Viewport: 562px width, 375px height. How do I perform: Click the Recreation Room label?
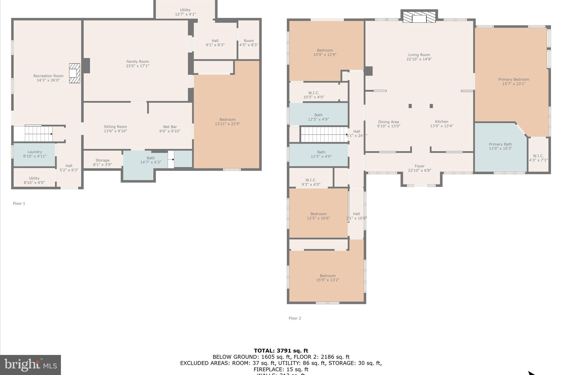click(x=48, y=76)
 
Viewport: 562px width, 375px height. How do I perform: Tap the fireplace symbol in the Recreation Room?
click(x=74, y=73)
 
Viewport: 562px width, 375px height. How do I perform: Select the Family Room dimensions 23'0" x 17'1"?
click(x=137, y=66)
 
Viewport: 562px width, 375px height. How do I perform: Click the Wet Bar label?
click(x=170, y=127)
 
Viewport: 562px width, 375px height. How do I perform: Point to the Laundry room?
click(x=34, y=154)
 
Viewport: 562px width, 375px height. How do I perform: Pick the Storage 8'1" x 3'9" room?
click(x=102, y=162)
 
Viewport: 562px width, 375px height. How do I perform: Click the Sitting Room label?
click(x=115, y=127)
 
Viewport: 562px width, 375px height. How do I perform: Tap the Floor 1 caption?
click(x=19, y=204)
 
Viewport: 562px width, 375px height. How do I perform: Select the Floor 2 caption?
click(x=295, y=318)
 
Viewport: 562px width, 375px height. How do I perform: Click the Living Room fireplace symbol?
click(x=419, y=17)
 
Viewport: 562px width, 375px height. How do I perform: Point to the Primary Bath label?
click(x=500, y=144)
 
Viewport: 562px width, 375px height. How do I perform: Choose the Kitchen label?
click(x=441, y=122)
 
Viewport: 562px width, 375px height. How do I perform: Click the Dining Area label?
click(x=388, y=122)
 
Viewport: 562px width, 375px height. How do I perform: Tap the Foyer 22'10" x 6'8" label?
click(x=419, y=168)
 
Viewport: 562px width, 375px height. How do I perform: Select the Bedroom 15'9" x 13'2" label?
click(x=327, y=278)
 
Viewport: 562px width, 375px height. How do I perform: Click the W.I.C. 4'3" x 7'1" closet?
click(x=538, y=158)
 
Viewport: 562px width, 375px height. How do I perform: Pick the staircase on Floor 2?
click(x=324, y=134)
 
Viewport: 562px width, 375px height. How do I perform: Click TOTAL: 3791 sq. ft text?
click(x=281, y=351)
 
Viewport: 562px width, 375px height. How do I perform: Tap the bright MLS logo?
click(x=30, y=365)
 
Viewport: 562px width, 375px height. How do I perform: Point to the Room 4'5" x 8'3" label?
click(x=249, y=43)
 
